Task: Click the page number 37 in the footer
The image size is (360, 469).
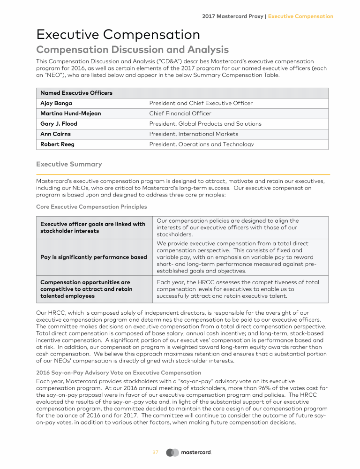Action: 155,453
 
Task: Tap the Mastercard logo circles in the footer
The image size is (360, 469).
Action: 172,453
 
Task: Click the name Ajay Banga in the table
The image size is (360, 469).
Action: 56,103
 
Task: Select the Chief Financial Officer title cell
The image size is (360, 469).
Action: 180,113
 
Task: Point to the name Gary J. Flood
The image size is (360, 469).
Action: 59,124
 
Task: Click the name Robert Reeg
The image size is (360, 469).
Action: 57,144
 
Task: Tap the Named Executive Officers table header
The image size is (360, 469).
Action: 76,93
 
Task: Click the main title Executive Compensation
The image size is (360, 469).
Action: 118,35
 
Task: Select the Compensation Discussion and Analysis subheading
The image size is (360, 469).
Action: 132,50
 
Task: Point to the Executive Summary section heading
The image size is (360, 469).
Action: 69,164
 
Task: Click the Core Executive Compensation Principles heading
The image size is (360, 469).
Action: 91,207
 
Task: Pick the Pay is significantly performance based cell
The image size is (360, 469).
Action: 94,257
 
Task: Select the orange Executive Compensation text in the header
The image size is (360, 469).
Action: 300,16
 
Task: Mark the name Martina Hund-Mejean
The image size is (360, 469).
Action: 71,113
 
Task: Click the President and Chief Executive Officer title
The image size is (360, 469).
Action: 201,103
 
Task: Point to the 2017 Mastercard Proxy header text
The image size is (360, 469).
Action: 232,16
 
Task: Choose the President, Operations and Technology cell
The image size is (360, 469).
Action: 202,144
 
